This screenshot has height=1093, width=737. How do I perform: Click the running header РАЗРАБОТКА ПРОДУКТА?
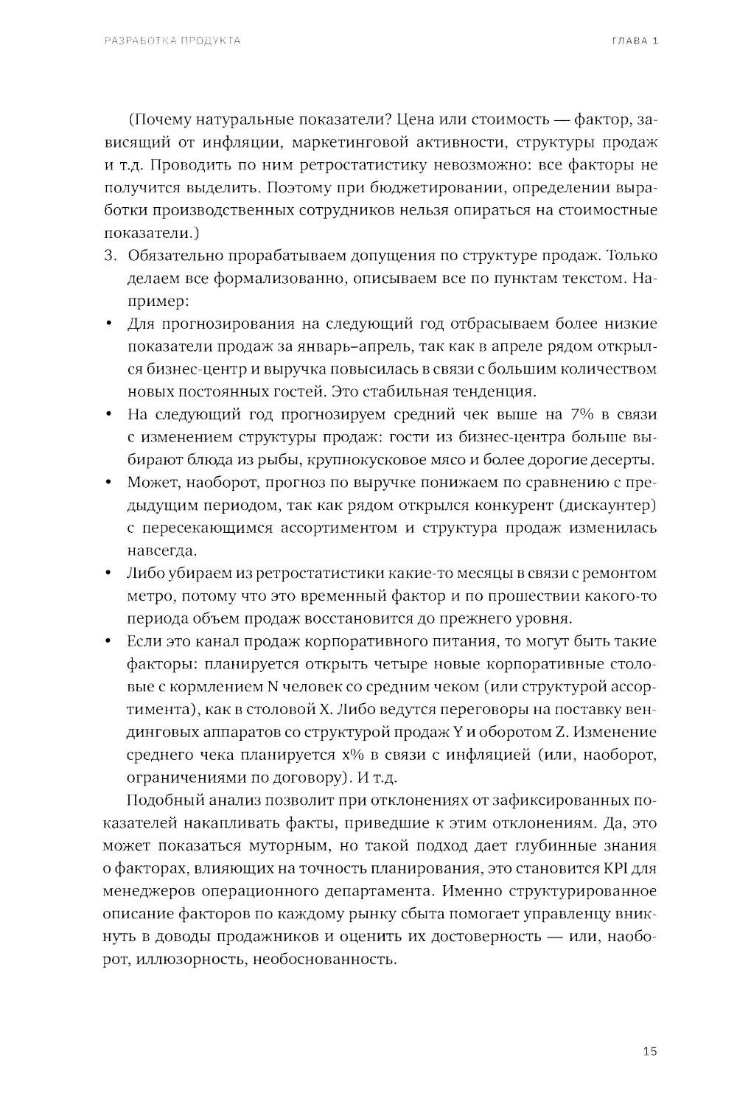coord(172,41)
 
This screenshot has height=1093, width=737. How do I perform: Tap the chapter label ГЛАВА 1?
coord(635,41)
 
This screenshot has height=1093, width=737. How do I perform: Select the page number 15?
coord(649,1051)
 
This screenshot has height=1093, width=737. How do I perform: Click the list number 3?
coord(111,256)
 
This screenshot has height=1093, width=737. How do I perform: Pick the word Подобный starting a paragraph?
coord(161,800)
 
